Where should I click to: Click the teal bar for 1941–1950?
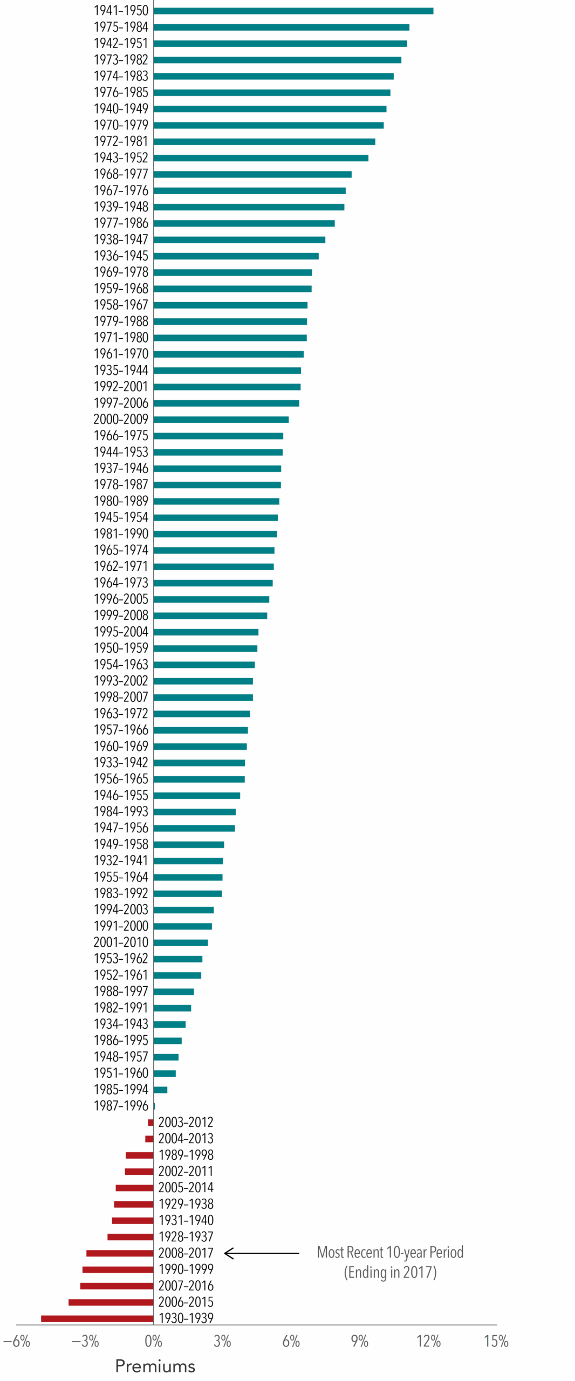tap(293, 11)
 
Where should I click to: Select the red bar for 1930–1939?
tap(97, 1318)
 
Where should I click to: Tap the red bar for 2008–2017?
tap(120, 1253)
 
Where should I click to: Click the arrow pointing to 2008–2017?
tap(262, 1253)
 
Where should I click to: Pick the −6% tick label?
tap(17, 1341)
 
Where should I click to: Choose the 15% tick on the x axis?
tap(496, 1341)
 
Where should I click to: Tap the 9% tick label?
tap(359, 1341)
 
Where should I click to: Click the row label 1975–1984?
tap(121, 27)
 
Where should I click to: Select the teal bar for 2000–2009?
tap(221, 420)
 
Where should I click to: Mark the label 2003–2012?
tap(186, 1123)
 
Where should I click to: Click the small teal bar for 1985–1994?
tap(160, 1090)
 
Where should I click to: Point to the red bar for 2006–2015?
tap(111, 1302)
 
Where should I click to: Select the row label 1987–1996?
tap(121, 1106)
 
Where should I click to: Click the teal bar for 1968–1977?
tap(252, 174)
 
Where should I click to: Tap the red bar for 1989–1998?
tap(139, 1155)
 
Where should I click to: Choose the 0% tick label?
tap(153, 1341)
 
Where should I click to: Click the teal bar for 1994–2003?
tap(183, 910)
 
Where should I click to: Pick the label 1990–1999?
tap(186, 1269)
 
